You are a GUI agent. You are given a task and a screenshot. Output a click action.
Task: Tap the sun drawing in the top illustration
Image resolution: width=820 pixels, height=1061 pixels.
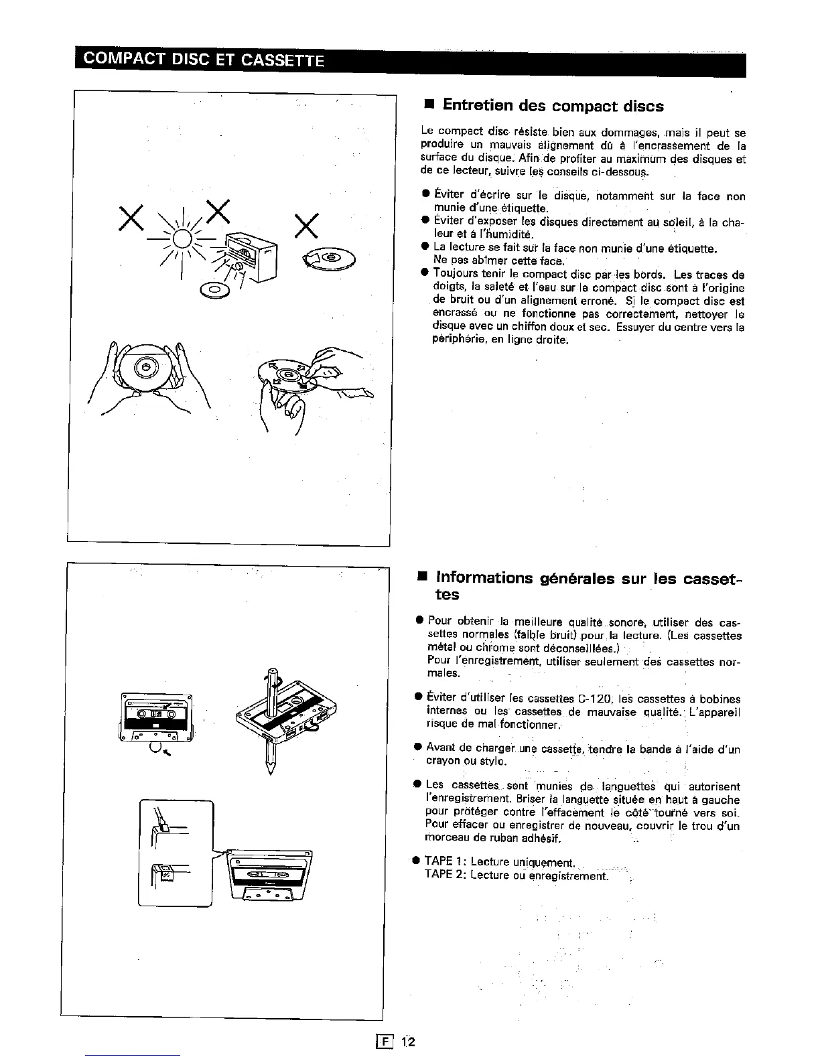[x=182, y=239]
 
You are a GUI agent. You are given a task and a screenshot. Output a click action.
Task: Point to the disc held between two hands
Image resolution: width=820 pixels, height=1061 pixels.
[x=145, y=366]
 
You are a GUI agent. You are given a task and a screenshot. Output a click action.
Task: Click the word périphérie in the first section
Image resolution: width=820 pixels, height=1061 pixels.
[x=456, y=340]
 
